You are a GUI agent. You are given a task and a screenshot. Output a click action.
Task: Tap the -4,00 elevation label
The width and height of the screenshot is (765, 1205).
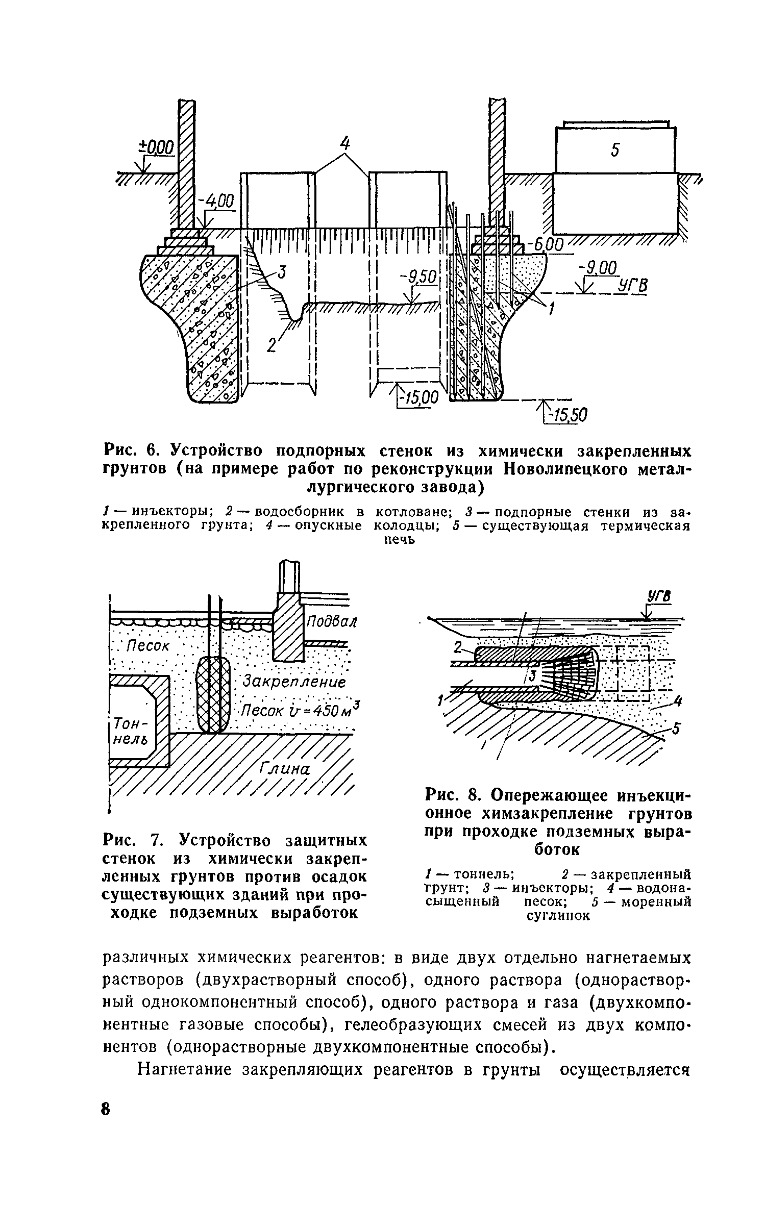click(218, 203)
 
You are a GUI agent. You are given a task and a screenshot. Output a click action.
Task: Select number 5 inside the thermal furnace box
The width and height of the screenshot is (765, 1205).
click(615, 150)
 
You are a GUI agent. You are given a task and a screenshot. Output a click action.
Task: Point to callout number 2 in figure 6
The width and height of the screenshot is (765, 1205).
click(272, 345)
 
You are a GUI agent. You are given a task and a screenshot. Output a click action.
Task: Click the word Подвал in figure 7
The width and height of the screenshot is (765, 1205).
click(331, 622)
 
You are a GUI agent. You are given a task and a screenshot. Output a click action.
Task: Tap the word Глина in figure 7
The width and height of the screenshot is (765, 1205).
click(285, 768)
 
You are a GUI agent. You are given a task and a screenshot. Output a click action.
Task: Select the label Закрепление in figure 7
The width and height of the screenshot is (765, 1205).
click(294, 682)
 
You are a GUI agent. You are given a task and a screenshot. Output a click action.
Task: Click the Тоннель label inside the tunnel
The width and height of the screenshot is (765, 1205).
click(126, 731)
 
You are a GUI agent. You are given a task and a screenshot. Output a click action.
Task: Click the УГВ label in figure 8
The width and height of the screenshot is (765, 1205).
click(659, 596)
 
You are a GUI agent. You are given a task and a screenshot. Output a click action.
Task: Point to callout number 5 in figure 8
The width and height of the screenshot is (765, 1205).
click(676, 730)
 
